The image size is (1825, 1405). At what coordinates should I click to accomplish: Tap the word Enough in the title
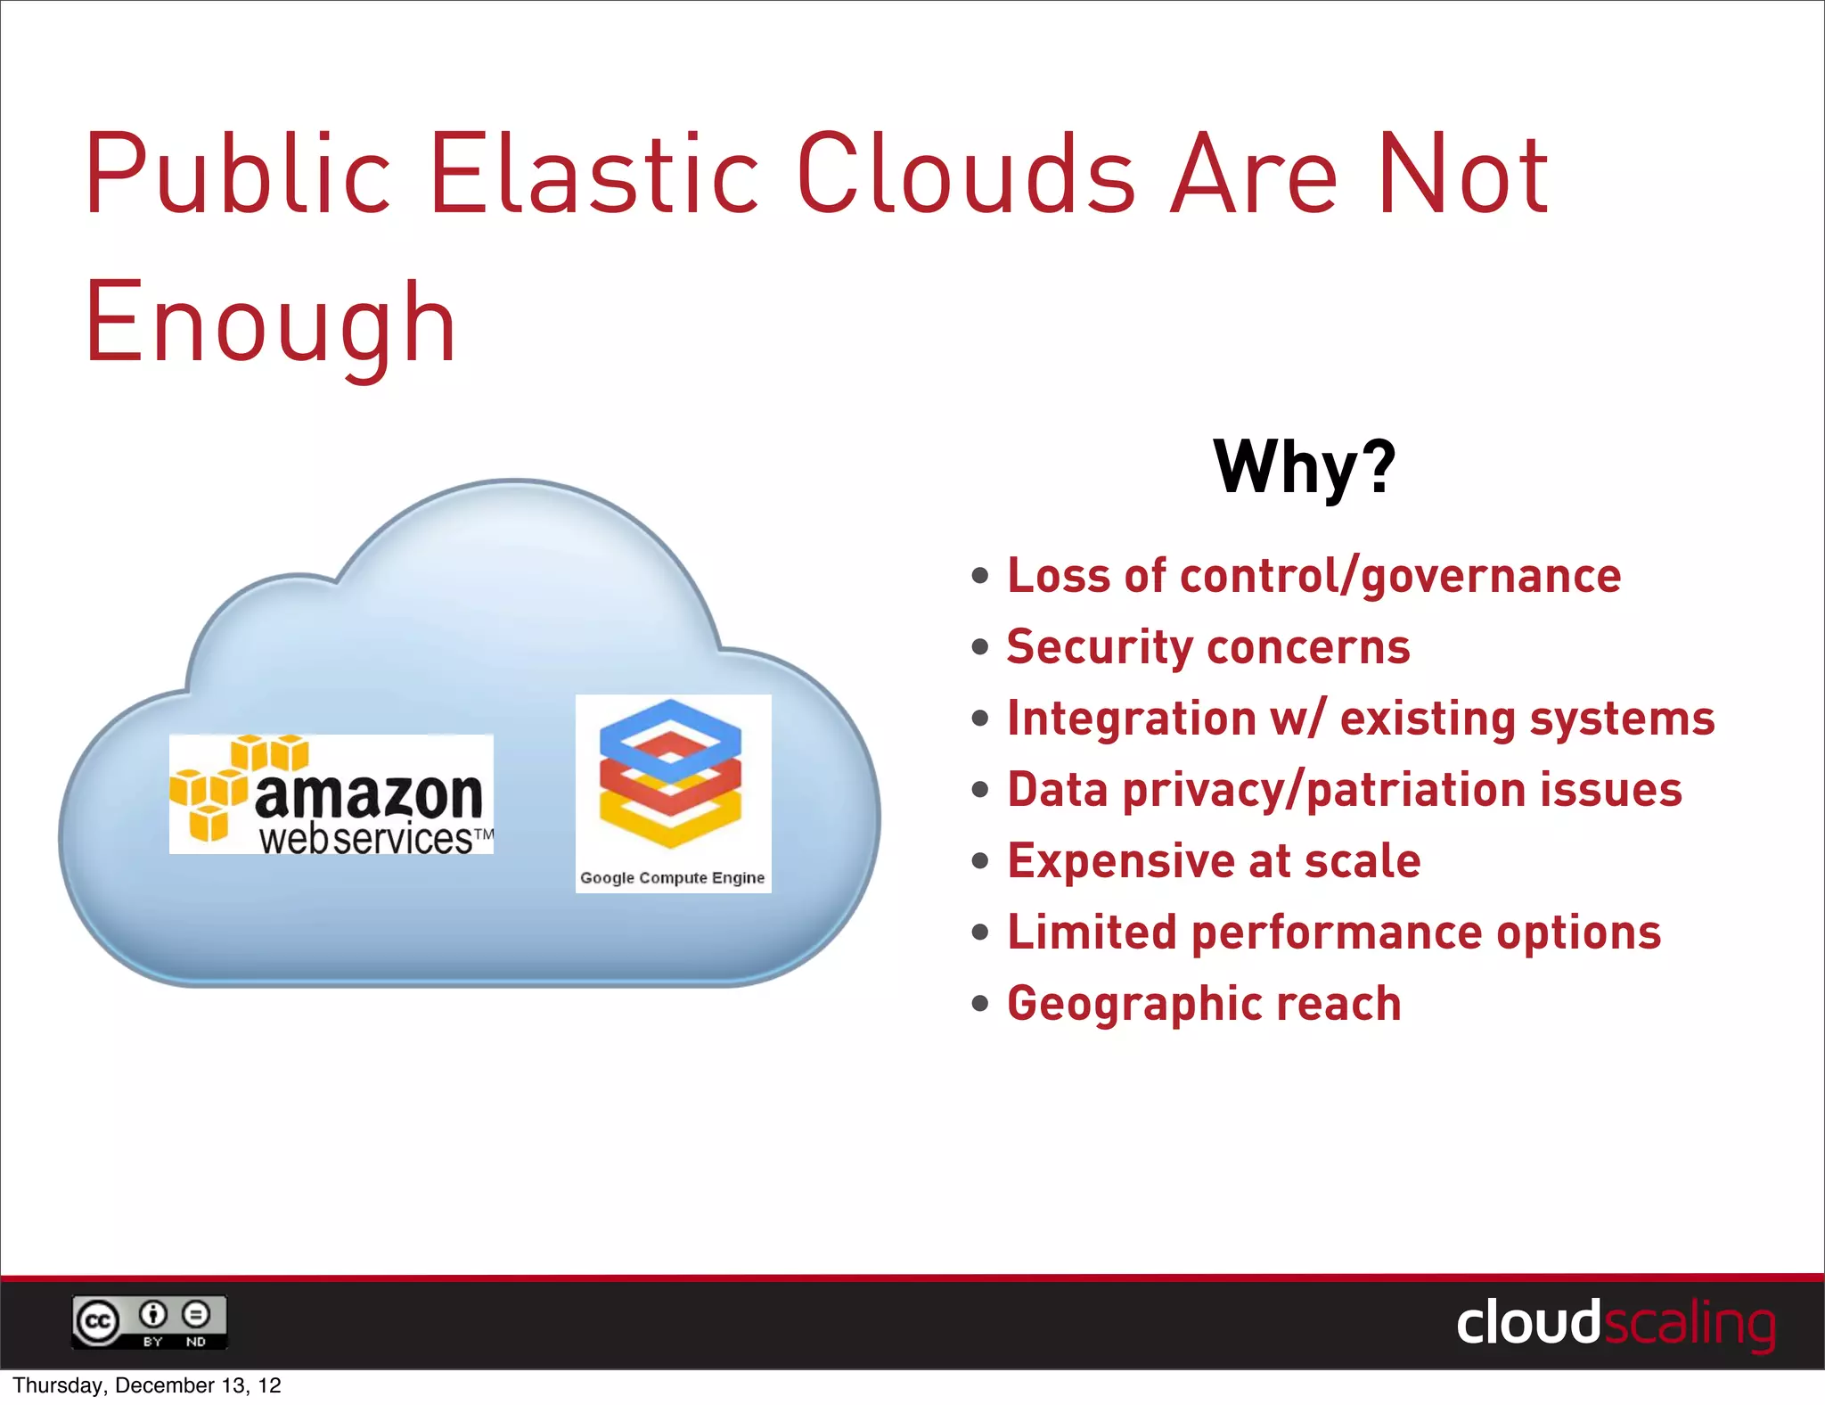point(270,323)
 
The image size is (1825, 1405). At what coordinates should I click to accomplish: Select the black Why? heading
point(1305,466)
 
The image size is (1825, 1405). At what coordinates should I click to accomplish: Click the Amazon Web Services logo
point(331,794)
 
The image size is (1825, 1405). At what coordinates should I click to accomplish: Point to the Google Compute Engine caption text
point(673,878)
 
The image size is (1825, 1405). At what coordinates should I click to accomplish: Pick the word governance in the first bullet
point(1491,577)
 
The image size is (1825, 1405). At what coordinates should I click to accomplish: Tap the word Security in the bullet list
point(1097,647)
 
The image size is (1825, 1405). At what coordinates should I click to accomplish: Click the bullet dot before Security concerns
point(980,647)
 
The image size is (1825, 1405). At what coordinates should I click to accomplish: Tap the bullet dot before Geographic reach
point(980,1004)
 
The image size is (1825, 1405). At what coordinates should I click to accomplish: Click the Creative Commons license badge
point(150,1322)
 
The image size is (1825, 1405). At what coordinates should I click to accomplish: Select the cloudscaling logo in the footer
point(1615,1324)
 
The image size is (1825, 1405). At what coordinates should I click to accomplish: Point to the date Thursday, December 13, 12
point(147,1385)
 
